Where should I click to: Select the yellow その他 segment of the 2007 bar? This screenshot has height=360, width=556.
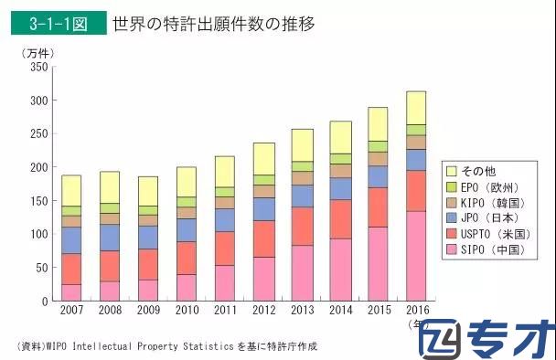[71, 190]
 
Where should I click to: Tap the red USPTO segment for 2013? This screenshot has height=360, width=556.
[302, 226]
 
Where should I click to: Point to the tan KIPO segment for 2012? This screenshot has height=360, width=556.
[263, 191]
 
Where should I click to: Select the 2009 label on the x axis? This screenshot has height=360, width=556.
[147, 312]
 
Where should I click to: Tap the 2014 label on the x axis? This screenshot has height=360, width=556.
[340, 312]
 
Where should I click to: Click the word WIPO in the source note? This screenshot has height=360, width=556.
[61, 346]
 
